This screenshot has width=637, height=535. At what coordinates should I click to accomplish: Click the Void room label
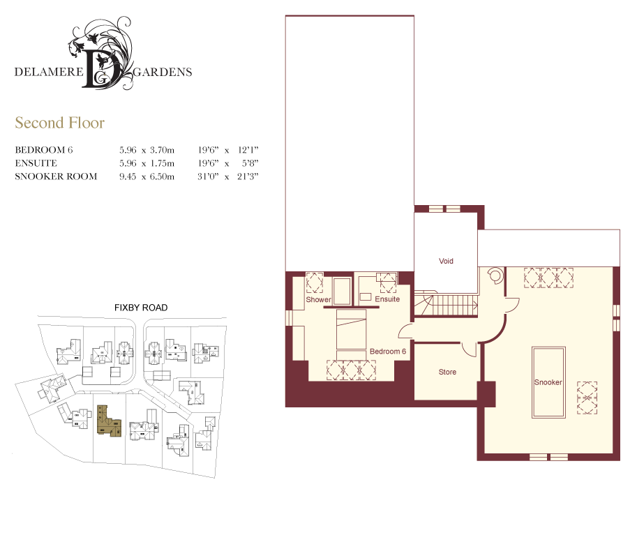click(x=446, y=261)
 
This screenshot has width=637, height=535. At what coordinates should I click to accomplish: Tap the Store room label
click(x=447, y=372)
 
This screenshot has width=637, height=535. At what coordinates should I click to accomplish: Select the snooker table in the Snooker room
click(x=548, y=382)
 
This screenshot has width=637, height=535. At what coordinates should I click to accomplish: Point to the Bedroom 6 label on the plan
click(x=387, y=352)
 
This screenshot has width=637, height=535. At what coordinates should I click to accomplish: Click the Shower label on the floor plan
click(x=318, y=299)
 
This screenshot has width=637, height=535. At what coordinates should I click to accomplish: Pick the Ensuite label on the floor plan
click(x=387, y=299)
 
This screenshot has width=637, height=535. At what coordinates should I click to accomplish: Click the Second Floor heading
click(x=60, y=123)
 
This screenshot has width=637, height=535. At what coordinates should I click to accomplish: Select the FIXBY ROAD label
click(x=141, y=308)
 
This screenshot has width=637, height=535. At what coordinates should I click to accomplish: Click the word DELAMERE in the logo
click(x=49, y=72)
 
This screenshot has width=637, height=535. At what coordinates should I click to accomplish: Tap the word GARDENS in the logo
click(x=163, y=72)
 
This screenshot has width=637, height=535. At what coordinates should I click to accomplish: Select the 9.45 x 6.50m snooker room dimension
click(x=147, y=176)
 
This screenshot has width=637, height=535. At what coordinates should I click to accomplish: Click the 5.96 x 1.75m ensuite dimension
click(x=147, y=163)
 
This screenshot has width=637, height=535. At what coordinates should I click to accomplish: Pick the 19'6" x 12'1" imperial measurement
click(x=228, y=150)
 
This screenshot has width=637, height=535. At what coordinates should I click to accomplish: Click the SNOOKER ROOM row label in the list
click(x=56, y=176)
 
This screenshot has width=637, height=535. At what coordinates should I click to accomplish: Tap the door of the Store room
click(x=470, y=350)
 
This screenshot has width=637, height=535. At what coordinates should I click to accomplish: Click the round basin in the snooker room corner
click(x=495, y=275)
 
